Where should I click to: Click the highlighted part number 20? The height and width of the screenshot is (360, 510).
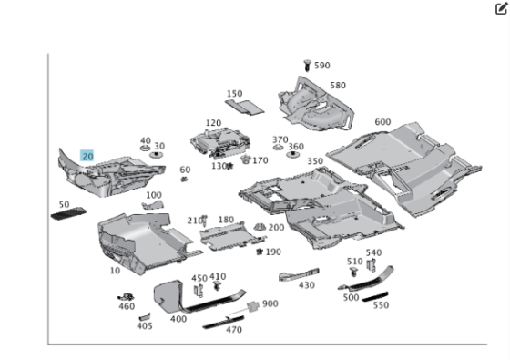point(87,156)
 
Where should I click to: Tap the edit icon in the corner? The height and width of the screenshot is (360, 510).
point(501,9)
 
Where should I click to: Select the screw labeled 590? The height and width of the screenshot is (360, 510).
point(307,65)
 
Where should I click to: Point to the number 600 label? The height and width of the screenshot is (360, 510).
point(382,122)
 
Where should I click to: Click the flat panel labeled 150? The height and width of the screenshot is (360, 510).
point(245,108)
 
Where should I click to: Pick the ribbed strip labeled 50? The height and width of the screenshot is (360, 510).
point(68,213)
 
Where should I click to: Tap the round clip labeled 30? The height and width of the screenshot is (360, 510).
point(157,155)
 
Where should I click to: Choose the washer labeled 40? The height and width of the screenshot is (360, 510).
point(145,149)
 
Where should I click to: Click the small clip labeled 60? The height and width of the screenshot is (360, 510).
point(184,179)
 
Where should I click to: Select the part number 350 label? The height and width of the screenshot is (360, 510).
point(315,161)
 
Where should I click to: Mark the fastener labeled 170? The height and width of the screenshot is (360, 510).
point(246,159)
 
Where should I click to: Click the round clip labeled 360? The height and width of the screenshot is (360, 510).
point(293,154)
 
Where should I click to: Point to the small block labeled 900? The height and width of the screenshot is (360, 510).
point(253,306)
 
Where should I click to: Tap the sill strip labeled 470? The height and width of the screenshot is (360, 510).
point(223,322)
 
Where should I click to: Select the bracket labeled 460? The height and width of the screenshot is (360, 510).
point(126,297)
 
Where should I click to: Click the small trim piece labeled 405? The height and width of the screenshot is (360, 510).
point(145,317)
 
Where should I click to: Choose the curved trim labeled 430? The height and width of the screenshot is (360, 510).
point(299,274)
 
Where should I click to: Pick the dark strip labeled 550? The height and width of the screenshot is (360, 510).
point(375,296)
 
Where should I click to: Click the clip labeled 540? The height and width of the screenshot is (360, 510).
point(371,265)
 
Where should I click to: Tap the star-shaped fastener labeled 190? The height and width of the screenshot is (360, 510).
point(260,252)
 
